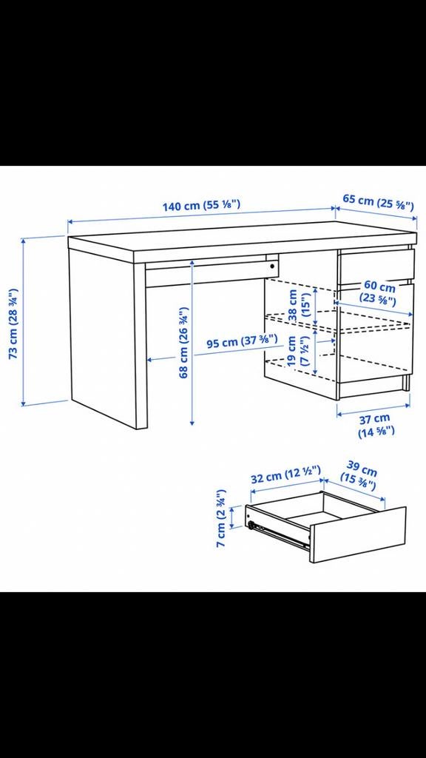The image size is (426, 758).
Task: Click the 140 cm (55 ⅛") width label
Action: (201, 206)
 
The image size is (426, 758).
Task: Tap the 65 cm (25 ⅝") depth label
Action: (378, 202)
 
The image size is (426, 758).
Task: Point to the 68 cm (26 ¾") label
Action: (183, 343)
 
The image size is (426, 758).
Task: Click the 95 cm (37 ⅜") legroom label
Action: (242, 342)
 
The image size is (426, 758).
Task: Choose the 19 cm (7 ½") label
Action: (297, 352)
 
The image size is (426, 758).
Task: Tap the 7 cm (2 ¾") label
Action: (222, 518)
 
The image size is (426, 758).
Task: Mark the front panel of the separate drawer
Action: (357, 534)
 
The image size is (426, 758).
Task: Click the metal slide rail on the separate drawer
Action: (279, 534)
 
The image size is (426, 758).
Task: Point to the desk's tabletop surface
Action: (242, 238)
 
